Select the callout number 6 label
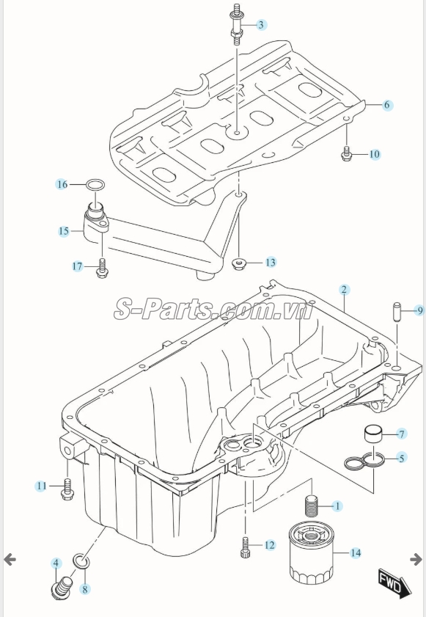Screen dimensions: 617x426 click(386, 105)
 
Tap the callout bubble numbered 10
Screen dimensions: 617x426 click(374, 154)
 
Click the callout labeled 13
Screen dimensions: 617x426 click(271, 262)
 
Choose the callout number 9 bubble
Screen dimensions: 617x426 click(419, 311)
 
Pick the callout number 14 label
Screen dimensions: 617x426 click(356, 553)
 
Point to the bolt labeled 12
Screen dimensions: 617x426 click(243, 547)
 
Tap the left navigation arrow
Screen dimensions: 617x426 click(10, 560)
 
